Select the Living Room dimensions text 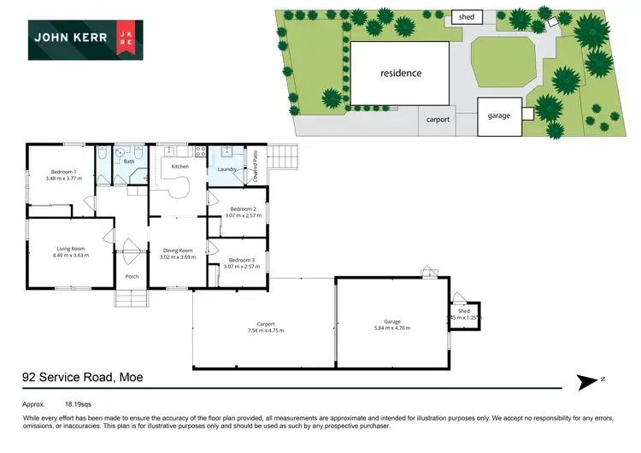[x=70, y=255]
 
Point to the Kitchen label [x=179, y=166]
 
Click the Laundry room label [x=226, y=169]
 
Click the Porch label [x=132, y=277]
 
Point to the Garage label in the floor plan [x=392, y=323]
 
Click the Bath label [x=129, y=161]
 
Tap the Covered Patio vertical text [x=255, y=168]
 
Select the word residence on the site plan [x=401, y=73]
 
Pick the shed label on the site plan [x=466, y=16]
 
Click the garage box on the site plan [x=499, y=115]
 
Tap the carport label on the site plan [x=438, y=120]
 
